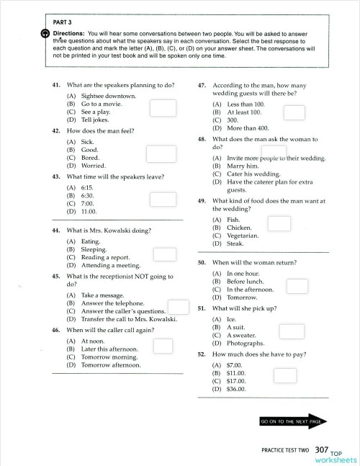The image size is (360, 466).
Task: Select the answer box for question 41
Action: (x=163, y=107)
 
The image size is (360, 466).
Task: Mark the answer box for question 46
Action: (x=163, y=346)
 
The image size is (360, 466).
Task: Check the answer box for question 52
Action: (x=284, y=375)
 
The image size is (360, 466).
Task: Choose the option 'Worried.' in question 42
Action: (x=94, y=165)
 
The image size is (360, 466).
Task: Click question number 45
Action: (x=56, y=276)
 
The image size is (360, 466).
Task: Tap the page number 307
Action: (x=325, y=449)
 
